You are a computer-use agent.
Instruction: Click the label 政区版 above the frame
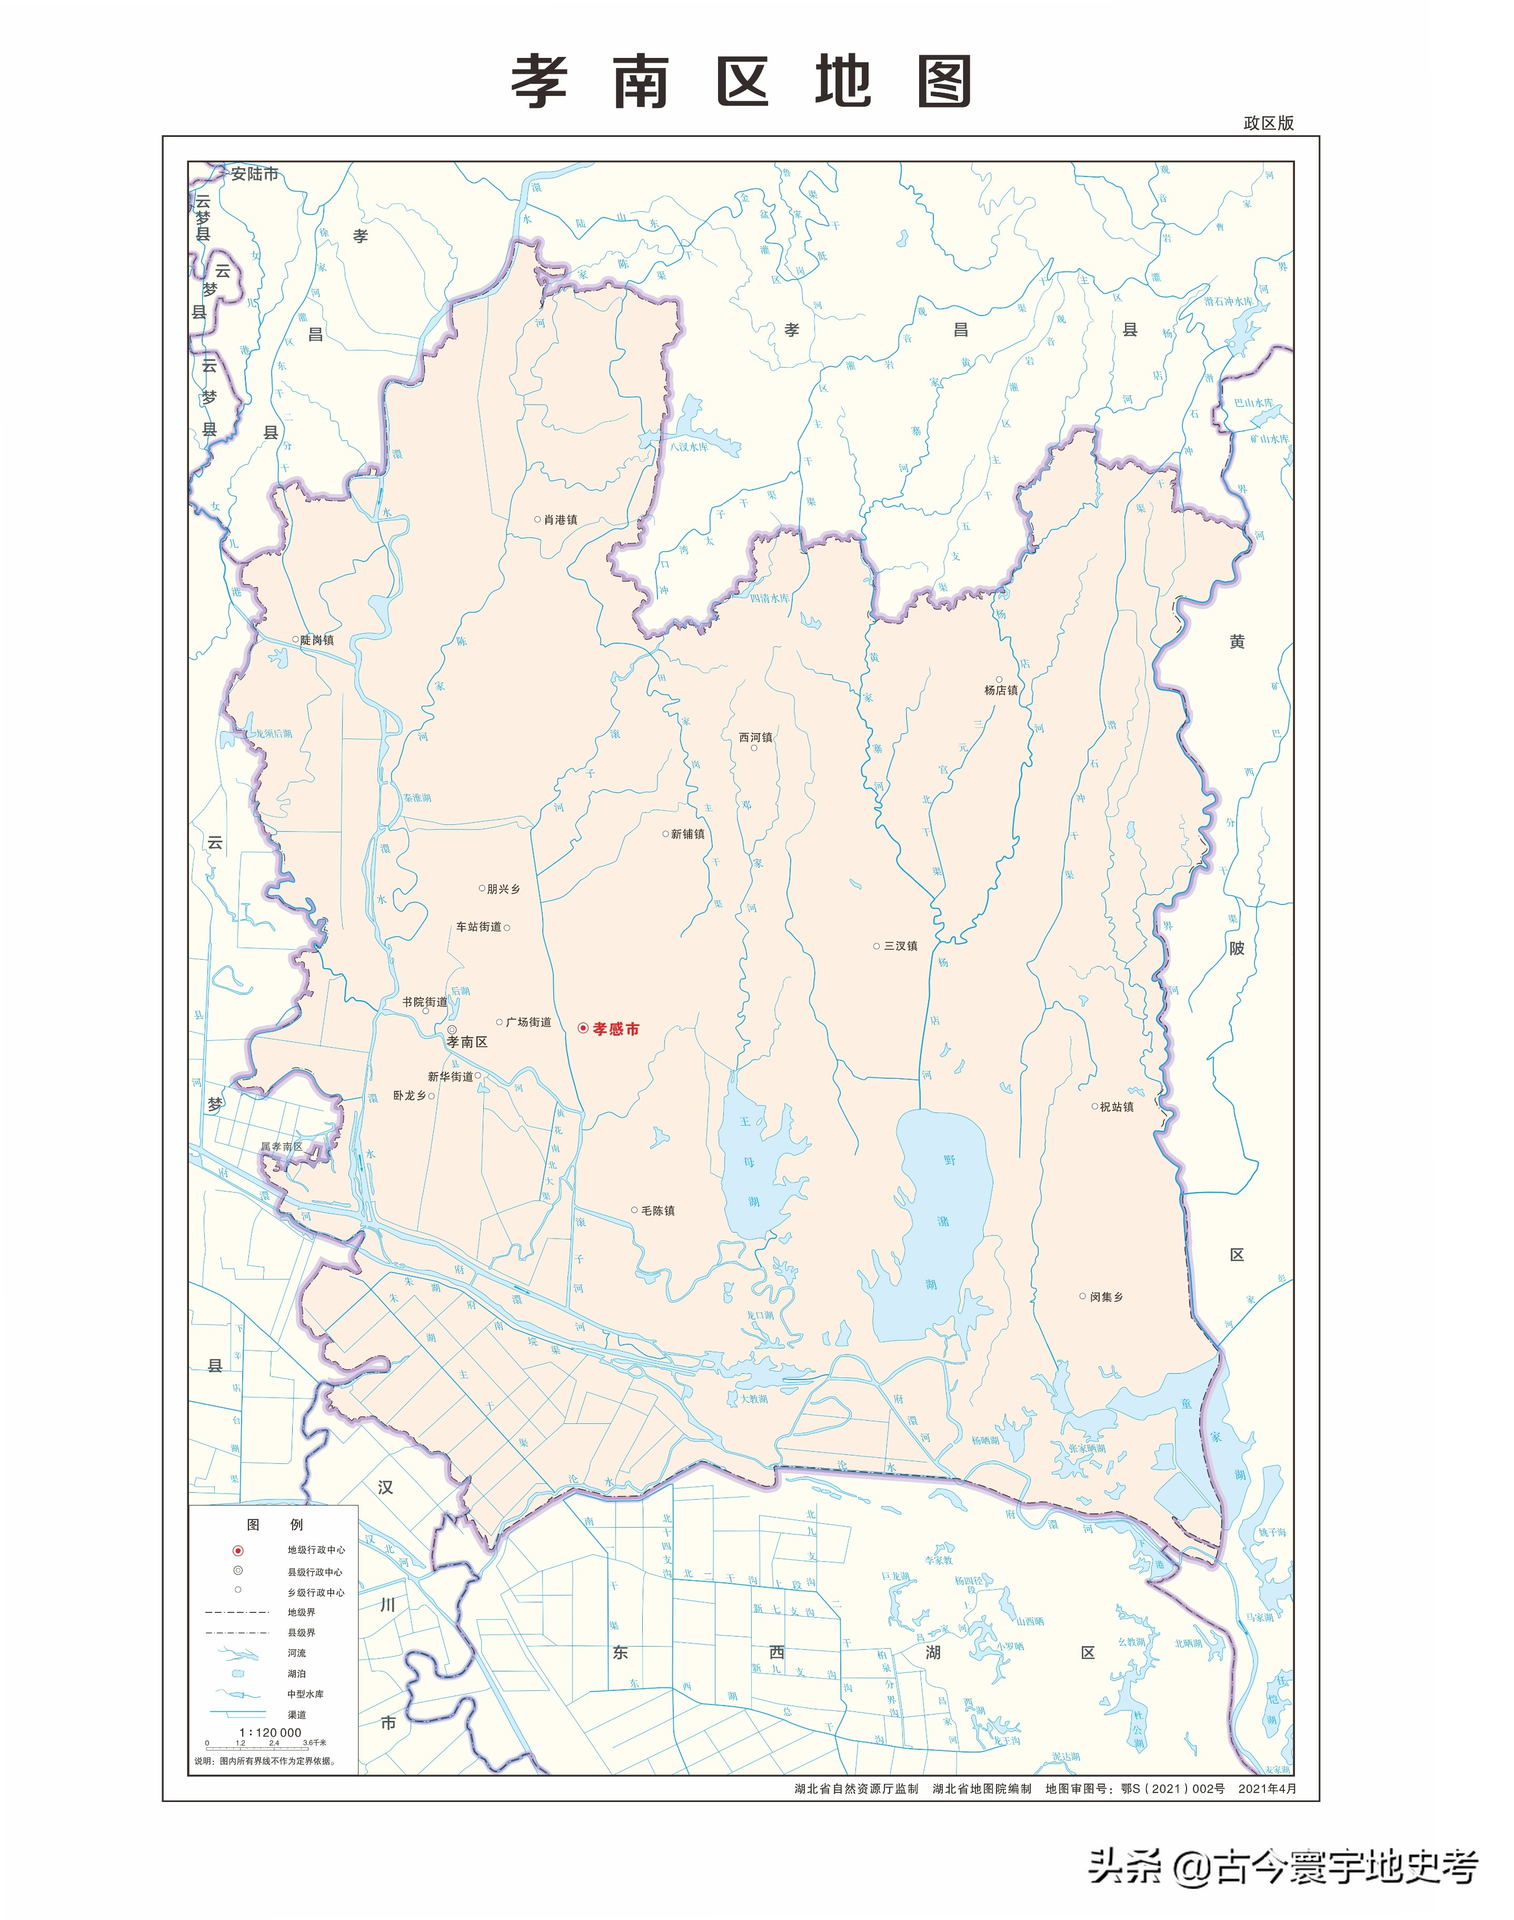coord(1269,123)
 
